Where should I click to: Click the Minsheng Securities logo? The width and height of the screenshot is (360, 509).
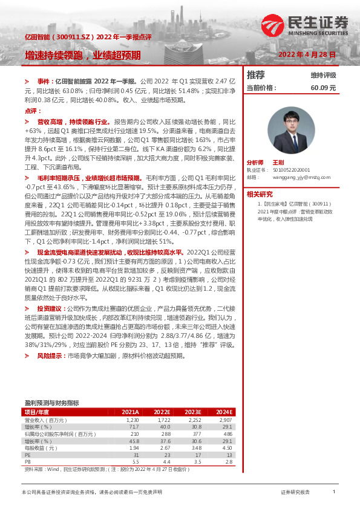306,25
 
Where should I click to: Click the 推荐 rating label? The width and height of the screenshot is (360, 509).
256,75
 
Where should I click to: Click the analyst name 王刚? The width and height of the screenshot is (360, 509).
278,163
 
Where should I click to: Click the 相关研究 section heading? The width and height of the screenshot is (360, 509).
261,194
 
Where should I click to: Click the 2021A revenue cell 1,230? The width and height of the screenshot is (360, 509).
133,419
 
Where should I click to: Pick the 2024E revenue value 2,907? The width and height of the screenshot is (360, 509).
225,419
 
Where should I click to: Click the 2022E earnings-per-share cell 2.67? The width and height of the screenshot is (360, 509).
165,448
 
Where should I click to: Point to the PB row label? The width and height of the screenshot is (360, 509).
28,462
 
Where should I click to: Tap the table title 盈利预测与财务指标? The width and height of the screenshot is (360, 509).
51,403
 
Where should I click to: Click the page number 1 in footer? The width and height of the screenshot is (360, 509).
333,493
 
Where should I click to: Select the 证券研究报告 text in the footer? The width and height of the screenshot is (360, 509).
295,493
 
